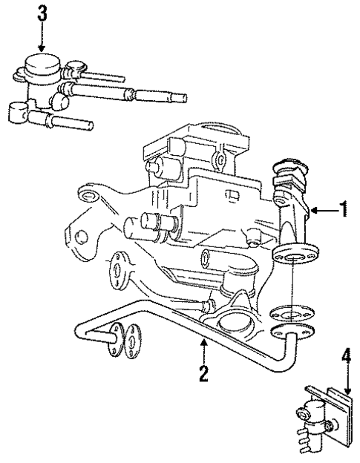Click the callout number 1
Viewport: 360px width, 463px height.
[342, 210]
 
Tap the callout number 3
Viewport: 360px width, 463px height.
[42, 13]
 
